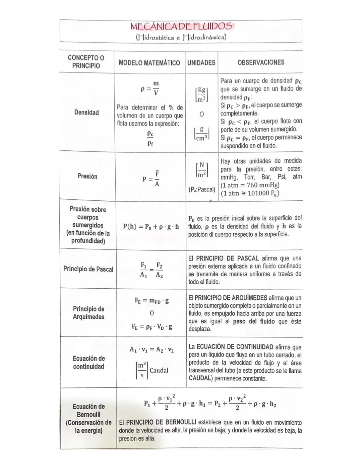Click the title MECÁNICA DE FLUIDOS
click(181, 26)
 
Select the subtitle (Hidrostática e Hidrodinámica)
click(181, 37)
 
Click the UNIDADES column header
click(201, 62)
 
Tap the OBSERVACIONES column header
click(260, 62)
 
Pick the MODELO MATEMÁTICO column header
click(149, 63)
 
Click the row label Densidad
click(86, 112)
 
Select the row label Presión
click(87, 176)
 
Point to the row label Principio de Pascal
click(88, 269)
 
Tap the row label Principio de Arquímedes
click(88, 313)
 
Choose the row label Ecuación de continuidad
click(89, 362)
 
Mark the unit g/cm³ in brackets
click(201, 133)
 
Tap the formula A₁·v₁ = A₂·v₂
click(152, 349)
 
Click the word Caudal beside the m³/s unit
click(159, 370)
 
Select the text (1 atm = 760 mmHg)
click(250, 185)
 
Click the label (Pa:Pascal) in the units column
click(202, 189)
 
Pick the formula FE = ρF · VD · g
click(152, 326)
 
